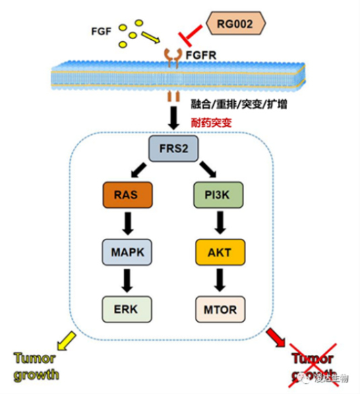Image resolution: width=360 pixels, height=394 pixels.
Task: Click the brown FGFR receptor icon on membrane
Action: pos(173,55)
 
